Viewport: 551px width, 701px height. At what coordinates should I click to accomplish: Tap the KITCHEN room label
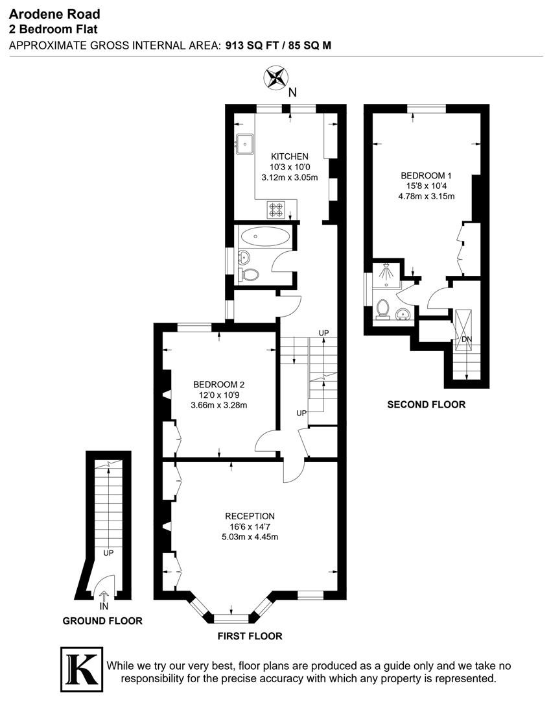289,156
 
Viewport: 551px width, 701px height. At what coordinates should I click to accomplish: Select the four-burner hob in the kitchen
275,210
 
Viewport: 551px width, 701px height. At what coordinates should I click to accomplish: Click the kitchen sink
244,144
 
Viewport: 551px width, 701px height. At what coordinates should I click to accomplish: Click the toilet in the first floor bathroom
249,275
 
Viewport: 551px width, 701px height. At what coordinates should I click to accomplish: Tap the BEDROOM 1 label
423,176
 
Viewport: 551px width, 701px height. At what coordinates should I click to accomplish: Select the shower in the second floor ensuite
386,274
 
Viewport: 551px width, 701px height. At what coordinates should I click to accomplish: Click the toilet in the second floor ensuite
382,310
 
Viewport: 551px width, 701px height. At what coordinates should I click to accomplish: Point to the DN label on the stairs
467,339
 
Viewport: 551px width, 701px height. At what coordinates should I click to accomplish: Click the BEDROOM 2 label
219,384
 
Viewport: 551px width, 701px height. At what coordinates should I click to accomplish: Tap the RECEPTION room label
250,517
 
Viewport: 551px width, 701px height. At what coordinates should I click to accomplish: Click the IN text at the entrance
104,607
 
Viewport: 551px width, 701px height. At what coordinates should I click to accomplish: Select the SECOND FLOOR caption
427,404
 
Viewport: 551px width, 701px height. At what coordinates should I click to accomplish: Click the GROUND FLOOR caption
102,621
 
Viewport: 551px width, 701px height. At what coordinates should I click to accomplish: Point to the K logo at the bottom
81,669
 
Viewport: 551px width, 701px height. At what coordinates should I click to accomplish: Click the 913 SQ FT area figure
252,45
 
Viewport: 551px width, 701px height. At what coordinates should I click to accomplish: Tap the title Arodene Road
54,14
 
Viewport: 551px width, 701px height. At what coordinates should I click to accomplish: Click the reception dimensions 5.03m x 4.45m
250,537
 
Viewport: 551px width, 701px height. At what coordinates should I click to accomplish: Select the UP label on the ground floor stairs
108,553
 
